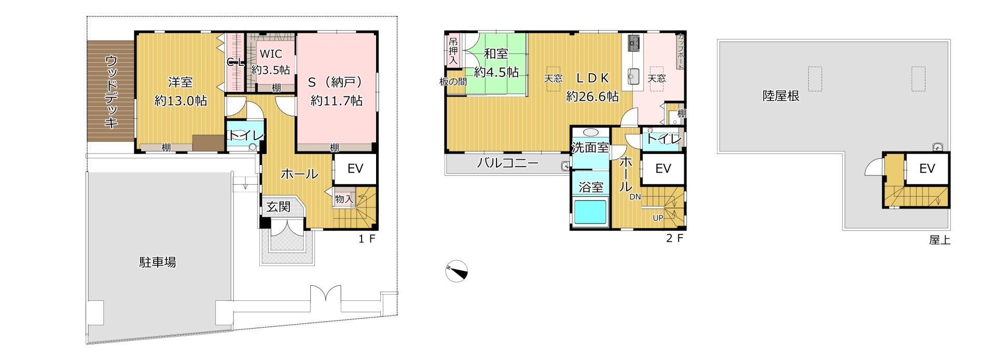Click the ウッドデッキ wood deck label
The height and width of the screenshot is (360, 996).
click(x=111, y=91)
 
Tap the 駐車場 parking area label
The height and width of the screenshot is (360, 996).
click(x=158, y=262)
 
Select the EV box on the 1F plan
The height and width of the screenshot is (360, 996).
click(x=355, y=169)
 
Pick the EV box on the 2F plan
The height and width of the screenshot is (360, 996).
click(x=663, y=169)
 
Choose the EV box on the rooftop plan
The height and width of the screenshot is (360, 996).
click(x=927, y=169)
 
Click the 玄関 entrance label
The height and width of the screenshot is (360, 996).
click(x=279, y=207)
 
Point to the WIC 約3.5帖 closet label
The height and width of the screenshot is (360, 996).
click(x=271, y=62)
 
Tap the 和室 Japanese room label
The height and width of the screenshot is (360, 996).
click(x=496, y=53)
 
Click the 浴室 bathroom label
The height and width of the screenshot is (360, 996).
click(x=591, y=187)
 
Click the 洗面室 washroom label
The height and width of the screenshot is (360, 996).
click(x=590, y=147)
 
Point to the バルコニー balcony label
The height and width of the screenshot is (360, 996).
click(x=508, y=163)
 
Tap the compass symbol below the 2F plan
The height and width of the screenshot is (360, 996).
click(x=457, y=271)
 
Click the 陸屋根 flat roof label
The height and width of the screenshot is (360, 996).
click(x=781, y=95)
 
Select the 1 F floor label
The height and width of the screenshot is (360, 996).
click(x=366, y=239)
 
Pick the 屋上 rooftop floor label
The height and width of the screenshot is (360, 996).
click(x=939, y=240)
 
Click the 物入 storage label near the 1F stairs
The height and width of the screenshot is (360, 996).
click(x=343, y=199)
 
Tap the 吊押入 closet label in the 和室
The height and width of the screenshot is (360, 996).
click(x=453, y=51)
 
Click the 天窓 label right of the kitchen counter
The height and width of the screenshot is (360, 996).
click(x=657, y=78)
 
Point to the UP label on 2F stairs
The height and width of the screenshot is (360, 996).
click(x=658, y=218)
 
